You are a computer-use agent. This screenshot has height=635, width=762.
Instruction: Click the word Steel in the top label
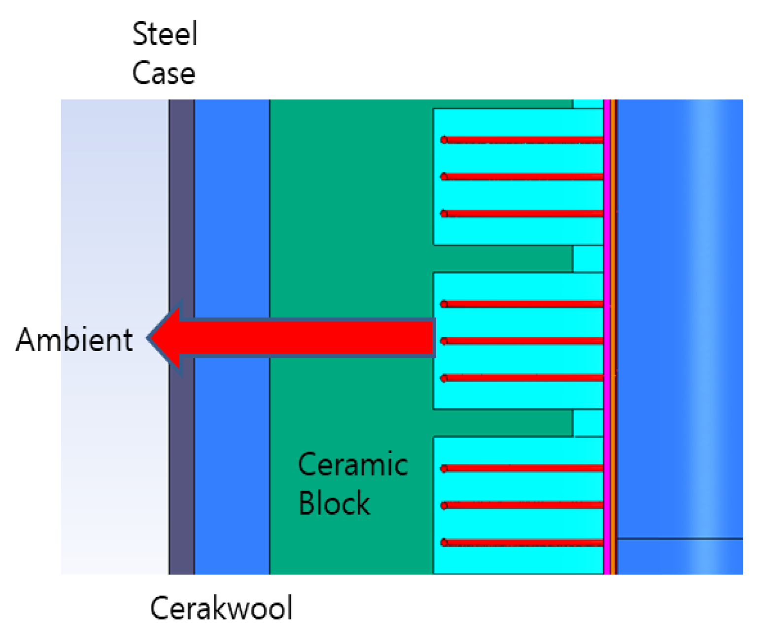pyautogui.click(x=165, y=34)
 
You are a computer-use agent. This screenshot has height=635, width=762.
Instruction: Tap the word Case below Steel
pyautogui.click(x=164, y=73)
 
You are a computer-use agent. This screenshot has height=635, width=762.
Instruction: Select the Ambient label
pyautogui.click(x=74, y=340)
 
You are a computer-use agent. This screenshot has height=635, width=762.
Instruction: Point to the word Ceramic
pyautogui.click(x=353, y=464)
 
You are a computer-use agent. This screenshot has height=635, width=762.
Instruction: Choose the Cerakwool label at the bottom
pyautogui.click(x=221, y=608)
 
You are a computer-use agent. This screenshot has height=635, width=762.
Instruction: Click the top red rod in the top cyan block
pyautogui.click(x=522, y=141)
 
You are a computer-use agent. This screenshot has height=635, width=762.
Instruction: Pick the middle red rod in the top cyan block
pyautogui.click(x=522, y=177)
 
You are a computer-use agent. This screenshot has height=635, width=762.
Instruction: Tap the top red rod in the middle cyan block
pyautogui.click(x=522, y=304)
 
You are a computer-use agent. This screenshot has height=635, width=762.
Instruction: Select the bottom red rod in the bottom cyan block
pyautogui.click(x=522, y=543)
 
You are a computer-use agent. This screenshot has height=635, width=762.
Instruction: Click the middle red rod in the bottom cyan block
pyautogui.click(x=522, y=505)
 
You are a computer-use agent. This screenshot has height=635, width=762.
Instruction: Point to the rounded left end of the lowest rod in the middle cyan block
pyautogui.click(x=444, y=378)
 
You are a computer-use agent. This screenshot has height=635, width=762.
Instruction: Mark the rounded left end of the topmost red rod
pyautogui.click(x=444, y=140)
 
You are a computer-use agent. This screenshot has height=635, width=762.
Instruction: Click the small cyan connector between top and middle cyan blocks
pyautogui.click(x=588, y=259)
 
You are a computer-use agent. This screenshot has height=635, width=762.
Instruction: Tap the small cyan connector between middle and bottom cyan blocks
pyautogui.click(x=588, y=423)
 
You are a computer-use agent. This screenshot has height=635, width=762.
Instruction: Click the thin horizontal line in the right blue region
pyautogui.click(x=680, y=538)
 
